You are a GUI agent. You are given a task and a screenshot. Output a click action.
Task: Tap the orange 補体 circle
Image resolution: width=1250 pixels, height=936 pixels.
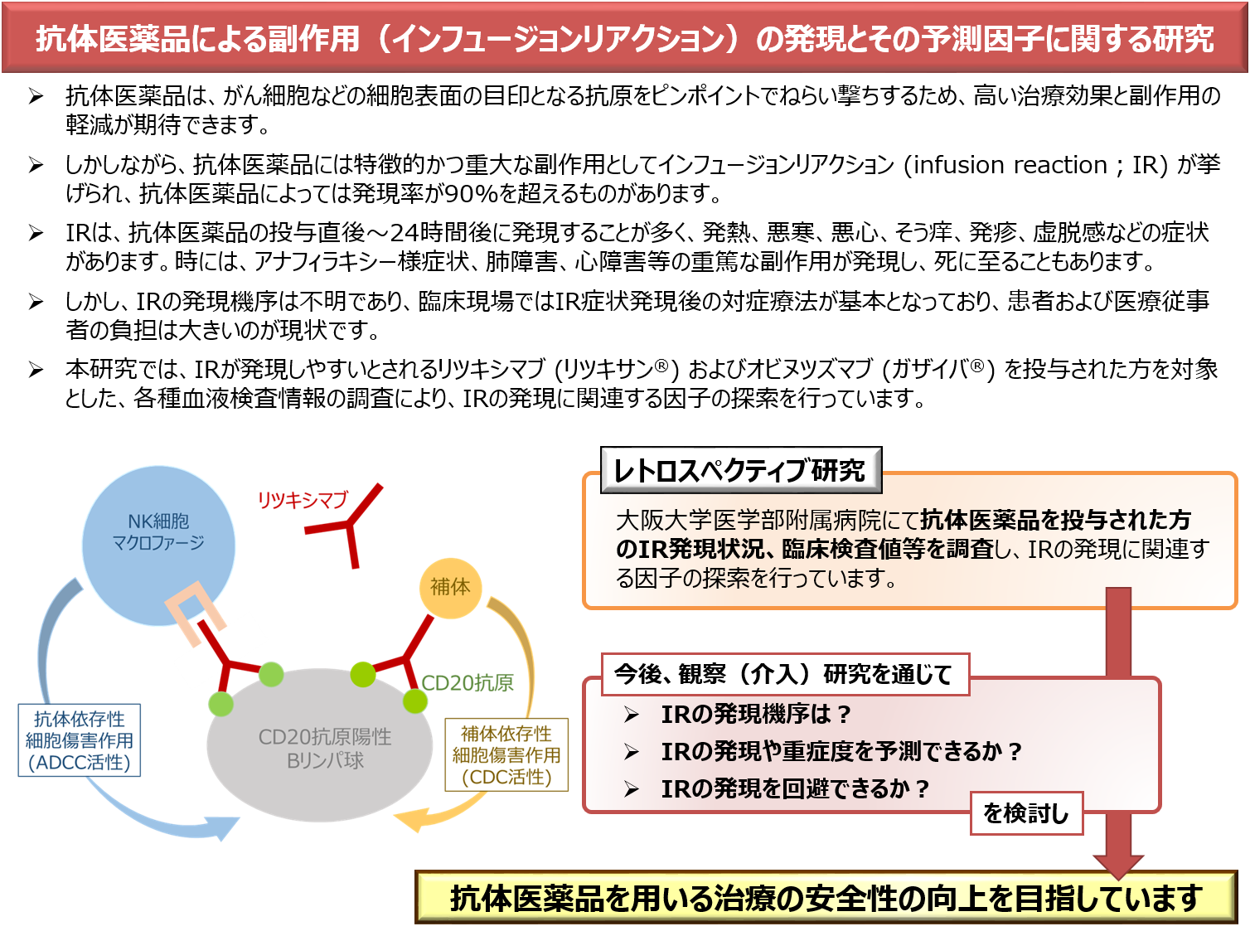pos(450,587)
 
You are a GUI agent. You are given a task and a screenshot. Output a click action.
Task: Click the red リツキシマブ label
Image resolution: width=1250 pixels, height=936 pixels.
pos(302,500)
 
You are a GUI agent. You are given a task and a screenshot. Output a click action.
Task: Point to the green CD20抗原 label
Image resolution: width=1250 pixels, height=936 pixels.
pos(468,682)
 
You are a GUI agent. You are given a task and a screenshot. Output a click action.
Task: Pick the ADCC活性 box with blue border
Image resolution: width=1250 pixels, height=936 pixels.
pos(80,740)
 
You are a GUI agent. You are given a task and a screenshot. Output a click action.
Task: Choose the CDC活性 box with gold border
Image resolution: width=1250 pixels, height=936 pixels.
pos(506,755)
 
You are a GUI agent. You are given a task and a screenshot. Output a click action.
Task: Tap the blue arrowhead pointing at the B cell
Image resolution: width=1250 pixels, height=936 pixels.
pos(221,827)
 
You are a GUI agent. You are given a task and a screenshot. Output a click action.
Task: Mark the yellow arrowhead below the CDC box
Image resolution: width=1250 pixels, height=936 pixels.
pos(411,821)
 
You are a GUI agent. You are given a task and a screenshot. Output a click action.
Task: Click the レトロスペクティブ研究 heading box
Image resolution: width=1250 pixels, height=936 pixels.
pos(740,470)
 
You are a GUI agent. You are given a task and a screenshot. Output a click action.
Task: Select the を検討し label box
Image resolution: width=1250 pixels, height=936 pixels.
pos(1026,812)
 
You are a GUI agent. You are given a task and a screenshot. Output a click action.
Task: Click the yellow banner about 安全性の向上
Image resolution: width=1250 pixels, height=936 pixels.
pos(826,897)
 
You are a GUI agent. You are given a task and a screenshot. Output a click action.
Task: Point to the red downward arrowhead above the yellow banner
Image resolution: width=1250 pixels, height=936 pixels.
pos(1118,865)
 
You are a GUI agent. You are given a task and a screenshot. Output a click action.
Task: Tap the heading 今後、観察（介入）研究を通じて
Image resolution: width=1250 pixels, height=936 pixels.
pos(782,674)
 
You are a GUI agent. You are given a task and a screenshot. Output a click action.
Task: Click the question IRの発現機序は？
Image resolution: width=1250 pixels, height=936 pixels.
pos(756,714)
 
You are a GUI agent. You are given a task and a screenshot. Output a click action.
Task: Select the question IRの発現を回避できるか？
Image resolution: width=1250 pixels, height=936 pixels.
pos(795,788)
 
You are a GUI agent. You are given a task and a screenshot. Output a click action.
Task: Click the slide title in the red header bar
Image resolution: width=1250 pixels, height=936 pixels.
pos(625,39)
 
